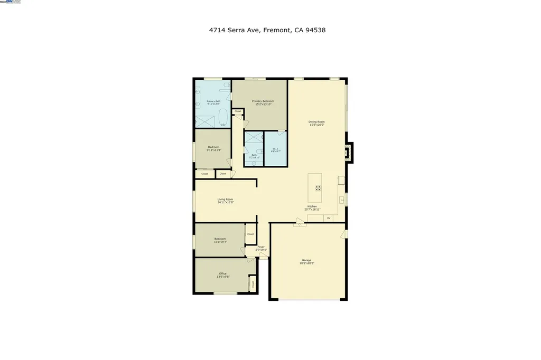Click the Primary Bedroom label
[x=263, y=101]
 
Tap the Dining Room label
[x=316, y=122]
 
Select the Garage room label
[x=306, y=260]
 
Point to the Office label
[x=222, y=273]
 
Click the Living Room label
[x=225, y=199]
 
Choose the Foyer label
[x=261, y=247]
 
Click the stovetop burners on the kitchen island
[x=318, y=188]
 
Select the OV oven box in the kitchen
[x=328, y=218]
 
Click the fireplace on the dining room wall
[x=348, y=151]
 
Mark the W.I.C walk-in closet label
[x=275, y=149]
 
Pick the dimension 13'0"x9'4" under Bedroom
[x=220, y=242]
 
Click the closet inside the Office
[x=253, y=283]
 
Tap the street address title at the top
[x=267, y=30]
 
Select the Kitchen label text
[x=312, y=206]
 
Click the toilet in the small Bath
[x=254, y=164]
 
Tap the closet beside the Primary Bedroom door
[x=238, y=111]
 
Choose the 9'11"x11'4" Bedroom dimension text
[x=213, y=150]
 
